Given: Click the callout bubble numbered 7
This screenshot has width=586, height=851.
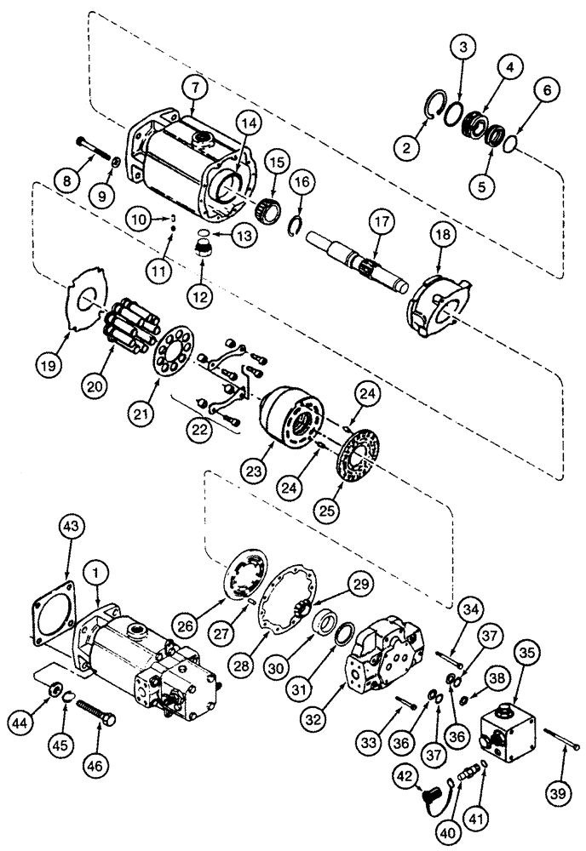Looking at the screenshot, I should coord(194,88).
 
